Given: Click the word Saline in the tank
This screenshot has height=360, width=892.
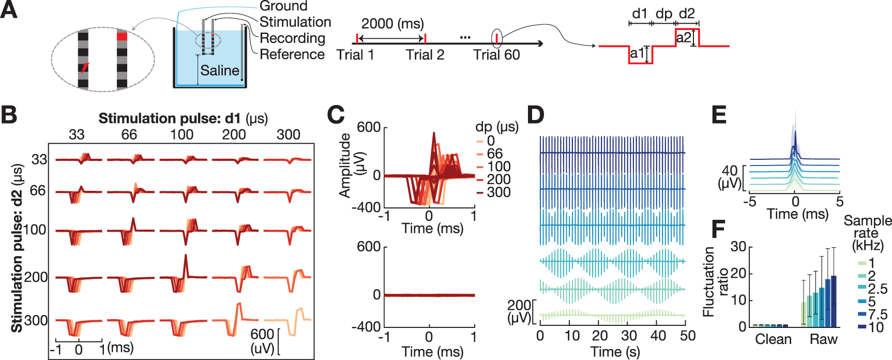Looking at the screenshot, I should [x=220, y=70].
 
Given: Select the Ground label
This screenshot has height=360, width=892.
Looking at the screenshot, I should [x=283, y=6].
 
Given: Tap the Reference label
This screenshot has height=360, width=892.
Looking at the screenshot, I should [x=292, y=54].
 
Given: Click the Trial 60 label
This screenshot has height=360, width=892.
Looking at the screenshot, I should [x=496, y=55].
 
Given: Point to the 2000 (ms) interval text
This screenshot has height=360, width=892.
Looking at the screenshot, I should [x=392, y=24].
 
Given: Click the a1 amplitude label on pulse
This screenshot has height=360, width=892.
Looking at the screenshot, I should [x=638, y=53].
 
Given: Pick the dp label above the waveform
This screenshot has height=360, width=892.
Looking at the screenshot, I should [x=664, y=13].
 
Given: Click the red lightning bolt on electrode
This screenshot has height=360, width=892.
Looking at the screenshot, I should [x=84, y=68].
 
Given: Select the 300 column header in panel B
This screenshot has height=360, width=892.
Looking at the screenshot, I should [x=288, y=134].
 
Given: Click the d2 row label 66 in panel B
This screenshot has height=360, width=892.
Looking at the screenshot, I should [x=38, y=191].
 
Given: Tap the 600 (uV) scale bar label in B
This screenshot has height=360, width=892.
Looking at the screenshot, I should [x=262, y=341].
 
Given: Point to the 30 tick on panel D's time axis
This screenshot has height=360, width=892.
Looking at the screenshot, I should [x=629, y=336].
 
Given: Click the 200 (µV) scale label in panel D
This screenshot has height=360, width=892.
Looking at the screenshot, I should [x=519, y=311].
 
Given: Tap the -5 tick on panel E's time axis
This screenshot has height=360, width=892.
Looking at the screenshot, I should [x=749, y=201].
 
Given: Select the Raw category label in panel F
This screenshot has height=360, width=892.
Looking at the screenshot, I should [x=823, y=339].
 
